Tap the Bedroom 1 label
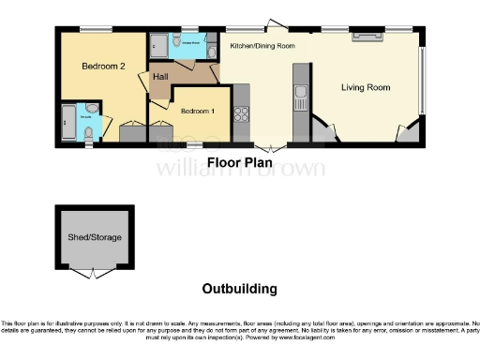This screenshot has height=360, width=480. tap(196, 112)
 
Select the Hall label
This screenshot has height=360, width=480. tap(159, 77)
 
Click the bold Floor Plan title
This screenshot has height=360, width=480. tap(239, 162)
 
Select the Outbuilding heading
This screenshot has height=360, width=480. tap(239, 289)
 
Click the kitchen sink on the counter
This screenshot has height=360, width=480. tap(300, 91)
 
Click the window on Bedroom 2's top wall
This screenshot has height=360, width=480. tap(90, 30)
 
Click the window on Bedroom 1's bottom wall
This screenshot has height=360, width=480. tap(194, 145)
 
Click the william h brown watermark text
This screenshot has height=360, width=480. tap(239, 170)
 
